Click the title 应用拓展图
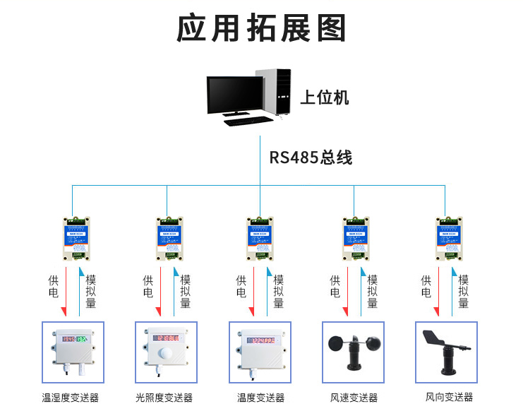(261, 28)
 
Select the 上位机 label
(325, 97)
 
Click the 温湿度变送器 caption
(70, 398)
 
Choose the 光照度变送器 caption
(164, 398)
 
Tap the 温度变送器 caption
(260, 398)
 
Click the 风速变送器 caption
(354, 398)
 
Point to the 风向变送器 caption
(449, 398)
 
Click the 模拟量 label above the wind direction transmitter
(463, 291)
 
